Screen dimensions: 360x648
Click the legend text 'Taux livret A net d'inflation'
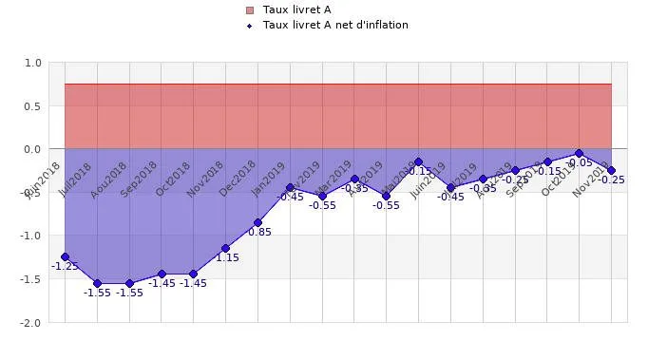click(x=335, y=25)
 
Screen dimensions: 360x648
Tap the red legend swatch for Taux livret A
click(x=250, y=9)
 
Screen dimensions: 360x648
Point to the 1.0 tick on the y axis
click(x=33, y=63)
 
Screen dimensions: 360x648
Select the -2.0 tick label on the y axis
click(x=31, y=323)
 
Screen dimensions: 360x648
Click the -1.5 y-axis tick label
click(x=31, y=279)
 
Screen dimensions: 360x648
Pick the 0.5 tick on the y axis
click(x=33, y=105)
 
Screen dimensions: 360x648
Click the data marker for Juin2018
click(x=65, y=257)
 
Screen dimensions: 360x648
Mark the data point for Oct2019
click(x=579, y=153)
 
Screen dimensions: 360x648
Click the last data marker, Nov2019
click(x=611, y=171)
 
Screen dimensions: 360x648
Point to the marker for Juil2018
click(x=97, y=283)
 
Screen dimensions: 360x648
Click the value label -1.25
click(x=65, y=267)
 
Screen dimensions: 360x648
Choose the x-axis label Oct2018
click(x=175, y=178)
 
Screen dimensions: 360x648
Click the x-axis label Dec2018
click(x=238, y=178)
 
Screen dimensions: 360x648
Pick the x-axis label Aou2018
click(x=109, y=179)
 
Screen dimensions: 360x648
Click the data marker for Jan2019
click(x=290, y=188)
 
